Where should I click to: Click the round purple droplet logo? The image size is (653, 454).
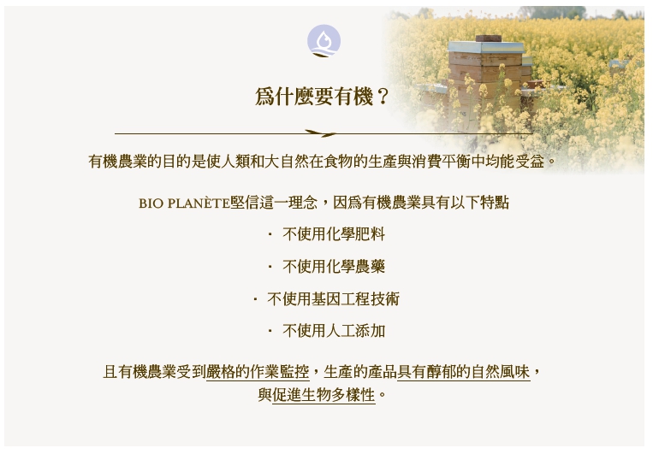pyautogui.click(x=324, y=41)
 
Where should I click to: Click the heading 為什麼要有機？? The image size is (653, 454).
pyautogui.click(x=322, y=97)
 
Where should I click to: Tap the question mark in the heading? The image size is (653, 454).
pyautogui.click(x=382, y=97)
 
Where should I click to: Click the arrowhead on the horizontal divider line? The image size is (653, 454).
pyautogui.click(x=321, y=133)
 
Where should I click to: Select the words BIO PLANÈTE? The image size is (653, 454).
pyautogui.click(x=184, y=203)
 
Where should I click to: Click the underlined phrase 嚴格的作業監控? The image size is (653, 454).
pyautogui.click(x=258, y=372)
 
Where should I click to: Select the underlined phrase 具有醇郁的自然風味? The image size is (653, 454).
pyautogui.click(x=464, y=372)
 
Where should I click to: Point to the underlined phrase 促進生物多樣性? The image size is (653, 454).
pyautogui.click(x=324, y=394)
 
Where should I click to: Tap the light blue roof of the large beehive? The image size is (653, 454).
pyautogui.click(x=485, y=47)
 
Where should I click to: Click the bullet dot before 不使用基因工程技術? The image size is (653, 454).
pyautogui.click(x=255, y=299)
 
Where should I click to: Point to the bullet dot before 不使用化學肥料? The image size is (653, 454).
pyautogui.click(x=270, y=235)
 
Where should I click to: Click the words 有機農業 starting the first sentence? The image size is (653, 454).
pyautogui.click(x=118, y=162)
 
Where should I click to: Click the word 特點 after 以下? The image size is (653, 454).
pyautogui.click(x=495, y=203)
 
